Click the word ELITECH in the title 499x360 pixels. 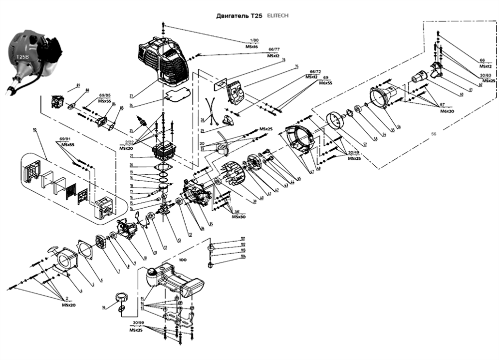click(277, 15)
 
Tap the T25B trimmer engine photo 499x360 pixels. click(29, 60)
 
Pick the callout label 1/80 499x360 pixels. click(254, 40)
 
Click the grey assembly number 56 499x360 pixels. click(433, 134)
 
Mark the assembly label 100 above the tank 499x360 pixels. click(183, 261)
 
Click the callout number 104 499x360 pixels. click(243, 257)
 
